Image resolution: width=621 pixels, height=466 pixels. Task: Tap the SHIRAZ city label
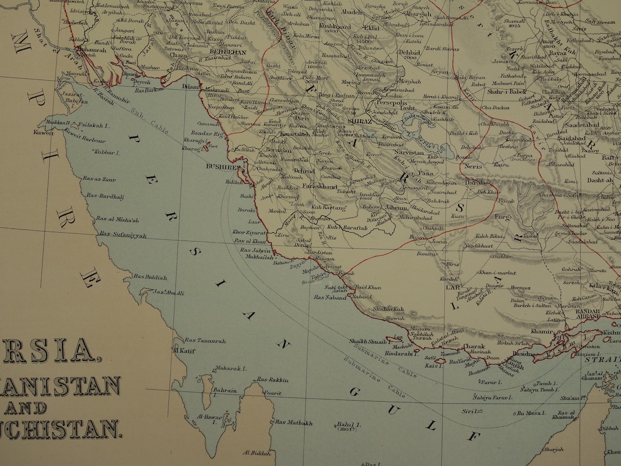[360, 121]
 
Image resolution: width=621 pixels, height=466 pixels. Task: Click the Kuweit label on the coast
[43, 132]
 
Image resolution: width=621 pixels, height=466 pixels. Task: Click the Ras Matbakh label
[294, 422]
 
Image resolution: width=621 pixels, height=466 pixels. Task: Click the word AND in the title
[26, 408]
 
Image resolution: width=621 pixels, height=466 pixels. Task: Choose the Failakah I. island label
[94, 125]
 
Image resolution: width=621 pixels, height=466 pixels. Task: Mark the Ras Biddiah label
[150, 277]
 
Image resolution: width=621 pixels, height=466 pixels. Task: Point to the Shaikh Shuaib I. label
[367, 342]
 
